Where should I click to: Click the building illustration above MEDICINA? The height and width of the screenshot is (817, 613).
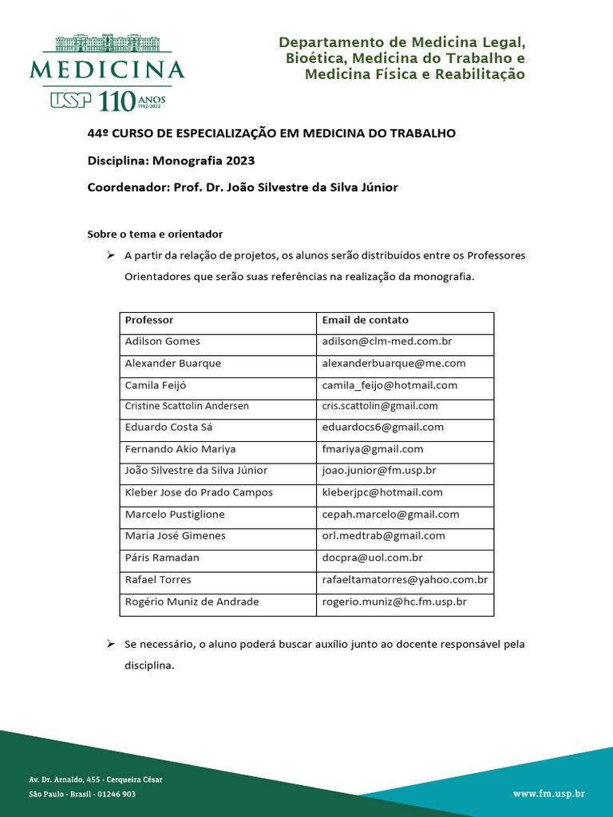107,44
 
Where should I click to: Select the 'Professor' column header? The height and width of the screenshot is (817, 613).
149,320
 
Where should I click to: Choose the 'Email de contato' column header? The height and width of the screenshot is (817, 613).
365,320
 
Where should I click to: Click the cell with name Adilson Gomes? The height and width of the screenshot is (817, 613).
163,341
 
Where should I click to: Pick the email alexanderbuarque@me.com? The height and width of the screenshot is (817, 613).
394,363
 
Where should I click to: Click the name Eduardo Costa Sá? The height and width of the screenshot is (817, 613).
168,428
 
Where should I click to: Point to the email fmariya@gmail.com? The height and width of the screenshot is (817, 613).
373,449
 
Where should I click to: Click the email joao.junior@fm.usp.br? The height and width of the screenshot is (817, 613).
379,471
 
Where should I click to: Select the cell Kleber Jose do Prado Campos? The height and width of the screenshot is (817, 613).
199,492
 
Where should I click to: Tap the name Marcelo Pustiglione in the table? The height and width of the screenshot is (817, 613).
175,515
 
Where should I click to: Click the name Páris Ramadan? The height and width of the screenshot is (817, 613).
162,558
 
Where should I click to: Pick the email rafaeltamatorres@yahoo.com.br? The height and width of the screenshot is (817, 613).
405,579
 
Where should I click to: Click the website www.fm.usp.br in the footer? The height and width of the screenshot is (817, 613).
548,794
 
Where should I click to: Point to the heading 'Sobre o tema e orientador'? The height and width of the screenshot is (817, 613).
155,234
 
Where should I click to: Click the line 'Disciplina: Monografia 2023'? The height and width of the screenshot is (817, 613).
171,160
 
